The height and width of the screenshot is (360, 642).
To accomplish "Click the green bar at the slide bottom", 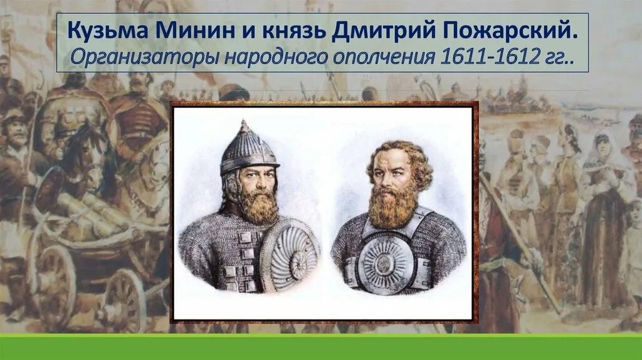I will (321, 347).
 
